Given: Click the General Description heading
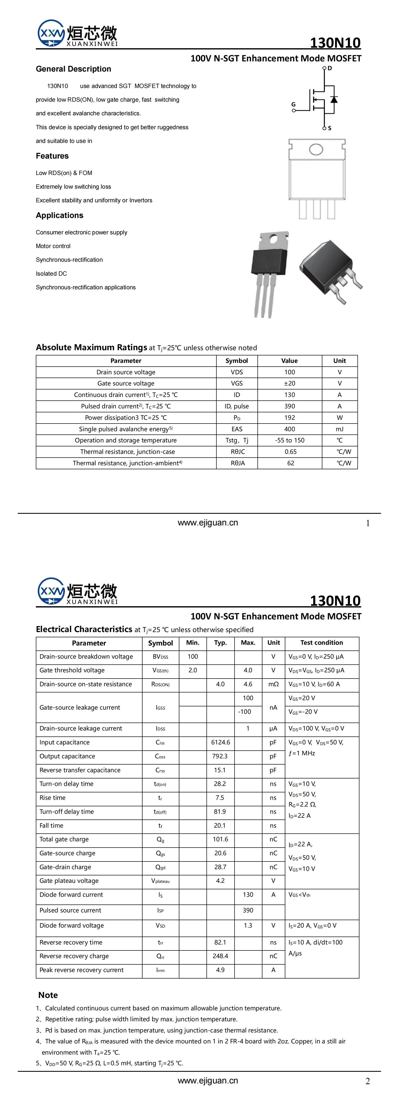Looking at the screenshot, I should click(73, 69).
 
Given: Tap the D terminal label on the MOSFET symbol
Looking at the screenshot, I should click(330, 68).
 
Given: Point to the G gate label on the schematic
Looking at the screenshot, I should click(294, 104).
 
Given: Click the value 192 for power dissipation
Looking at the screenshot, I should click(289, 418).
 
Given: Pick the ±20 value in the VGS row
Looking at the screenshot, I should click(289, 384).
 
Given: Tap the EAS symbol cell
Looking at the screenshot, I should click(237, 429).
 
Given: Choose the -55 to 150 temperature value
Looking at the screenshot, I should click(289, 440).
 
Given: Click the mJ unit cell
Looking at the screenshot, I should click(340, 429).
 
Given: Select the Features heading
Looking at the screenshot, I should click(52, 156).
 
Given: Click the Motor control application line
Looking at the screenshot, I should click(53, 246).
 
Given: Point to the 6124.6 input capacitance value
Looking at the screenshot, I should click(220, 742).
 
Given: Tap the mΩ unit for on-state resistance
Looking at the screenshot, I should click(273, 684).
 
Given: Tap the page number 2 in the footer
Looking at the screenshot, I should click(368, 1081).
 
